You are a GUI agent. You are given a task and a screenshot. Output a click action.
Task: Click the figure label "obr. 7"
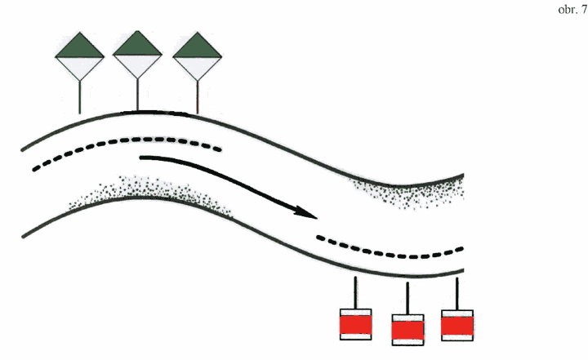572,9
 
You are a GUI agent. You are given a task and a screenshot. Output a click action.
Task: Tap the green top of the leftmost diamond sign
79,47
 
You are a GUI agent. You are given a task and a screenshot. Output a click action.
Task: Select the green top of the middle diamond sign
137,45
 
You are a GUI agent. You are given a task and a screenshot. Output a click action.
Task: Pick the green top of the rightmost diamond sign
198,47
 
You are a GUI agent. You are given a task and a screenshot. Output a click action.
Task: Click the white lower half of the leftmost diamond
79,67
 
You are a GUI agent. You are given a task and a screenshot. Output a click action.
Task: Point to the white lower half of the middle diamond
137,64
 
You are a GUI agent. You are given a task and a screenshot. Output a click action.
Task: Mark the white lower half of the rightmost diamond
198,67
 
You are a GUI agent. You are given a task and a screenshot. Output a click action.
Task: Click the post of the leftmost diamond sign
79,97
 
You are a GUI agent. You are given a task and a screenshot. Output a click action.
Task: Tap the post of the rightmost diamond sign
198,97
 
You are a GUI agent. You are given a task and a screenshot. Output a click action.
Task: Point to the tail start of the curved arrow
141,158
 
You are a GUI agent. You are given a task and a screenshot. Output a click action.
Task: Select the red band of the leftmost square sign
355,325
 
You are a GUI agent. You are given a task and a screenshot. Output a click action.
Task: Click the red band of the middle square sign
408,331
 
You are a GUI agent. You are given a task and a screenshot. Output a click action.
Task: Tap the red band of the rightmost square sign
457,326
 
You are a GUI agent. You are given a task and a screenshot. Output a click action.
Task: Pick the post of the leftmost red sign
355,293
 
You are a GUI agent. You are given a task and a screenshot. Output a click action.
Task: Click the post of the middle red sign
408,299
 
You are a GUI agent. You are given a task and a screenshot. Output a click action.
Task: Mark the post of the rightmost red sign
457,294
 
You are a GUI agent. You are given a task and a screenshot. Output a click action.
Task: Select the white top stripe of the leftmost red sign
355,313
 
